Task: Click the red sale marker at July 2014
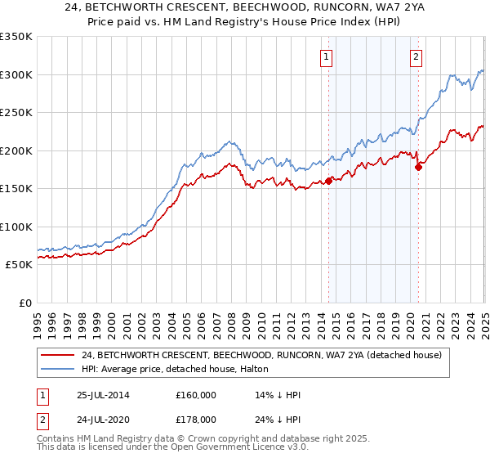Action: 329,181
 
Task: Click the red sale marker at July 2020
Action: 418,168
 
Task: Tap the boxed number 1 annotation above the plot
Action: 326,57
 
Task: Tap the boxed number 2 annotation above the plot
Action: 416,57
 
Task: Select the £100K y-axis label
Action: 17,227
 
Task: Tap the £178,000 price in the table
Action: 196,419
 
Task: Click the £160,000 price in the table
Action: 196,394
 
